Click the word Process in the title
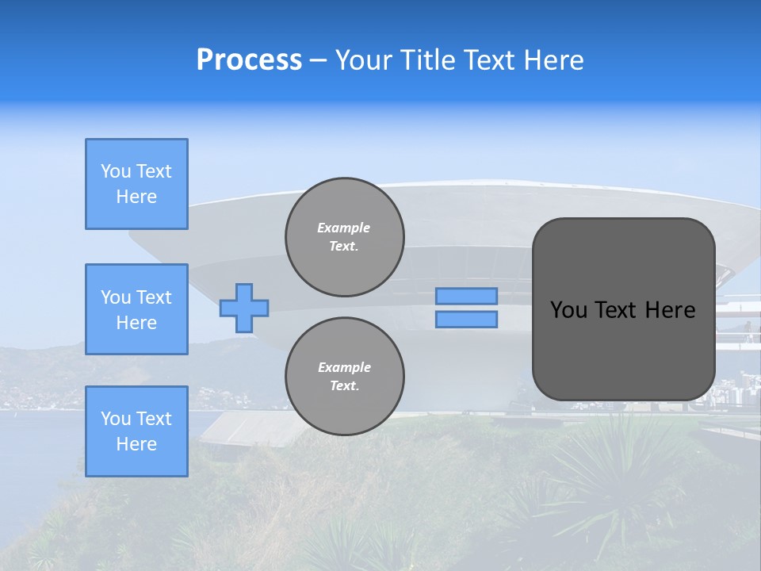(x=249, y=60)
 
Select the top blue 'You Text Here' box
(x=136, y=184)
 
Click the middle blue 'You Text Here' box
(x=136, y=309)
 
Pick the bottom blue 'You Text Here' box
(x=136, y=431)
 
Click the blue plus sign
(x=244, y=308)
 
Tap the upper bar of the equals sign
(x=467, y=296)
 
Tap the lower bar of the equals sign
(x=467, y=320)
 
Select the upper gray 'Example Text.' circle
(x=345, y=237)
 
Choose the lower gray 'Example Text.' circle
(x=345, y=377)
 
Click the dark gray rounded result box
(x=623, y=309)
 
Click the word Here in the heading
(x=554, y=60)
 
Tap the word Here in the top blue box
(x=136, y=197)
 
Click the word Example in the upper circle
(x=344, y=228)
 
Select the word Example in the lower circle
(x=344, y=368)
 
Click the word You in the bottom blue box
(x=116, y=419)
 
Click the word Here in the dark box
(x=671, y=310)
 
